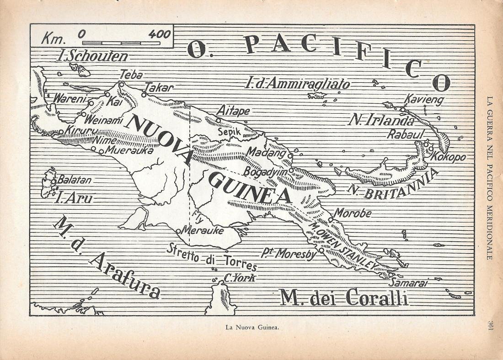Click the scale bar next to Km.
click(121, 43)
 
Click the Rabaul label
click(405, 134)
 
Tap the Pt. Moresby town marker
click(321, 250)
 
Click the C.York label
click(239, 278)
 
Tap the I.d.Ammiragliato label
click(297, 84)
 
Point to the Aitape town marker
click(218, 121)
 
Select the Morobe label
click(352, 213)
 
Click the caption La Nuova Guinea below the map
click(252, 327)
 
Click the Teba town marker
click(121, 84)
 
